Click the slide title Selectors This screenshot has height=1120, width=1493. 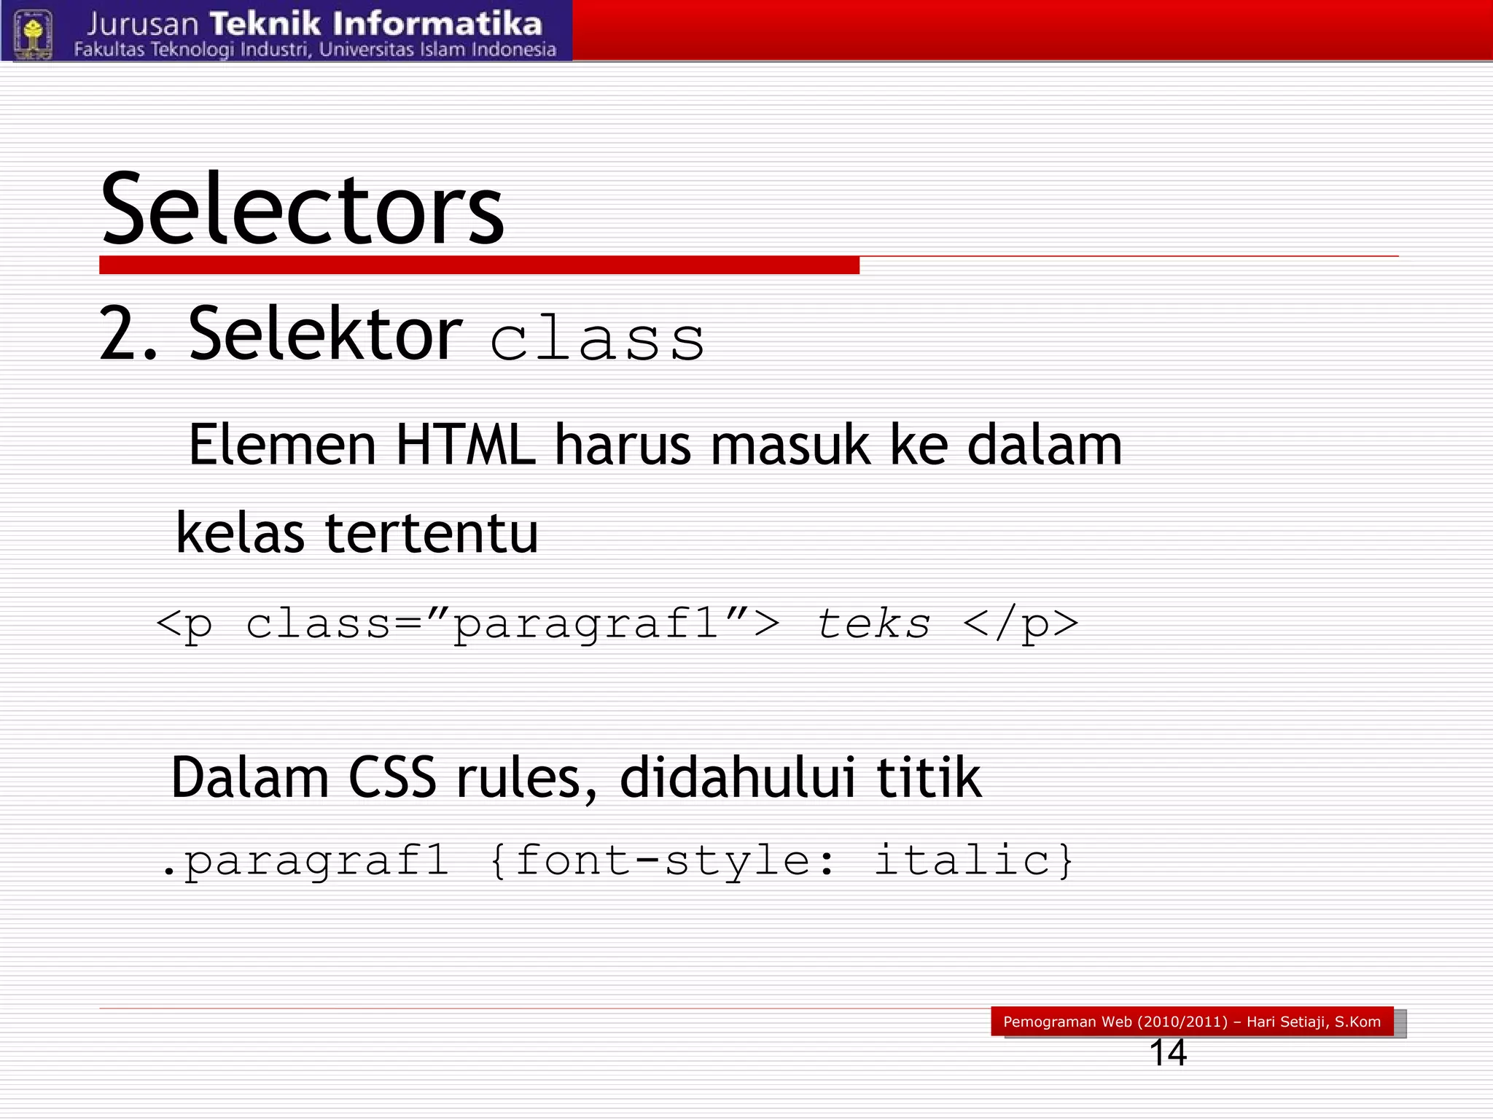click(302, 209)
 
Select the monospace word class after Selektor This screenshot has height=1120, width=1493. click(597, 340)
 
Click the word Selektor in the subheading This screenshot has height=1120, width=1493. click(325, 334)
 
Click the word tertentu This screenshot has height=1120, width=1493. click(431, 533)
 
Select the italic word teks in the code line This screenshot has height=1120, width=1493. click(873, 624)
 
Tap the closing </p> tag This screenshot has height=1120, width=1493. click(1020, 625)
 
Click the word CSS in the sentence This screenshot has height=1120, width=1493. click(392, 777)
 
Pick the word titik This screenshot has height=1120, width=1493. click(928, 777)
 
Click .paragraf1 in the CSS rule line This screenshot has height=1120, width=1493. click(304, 861)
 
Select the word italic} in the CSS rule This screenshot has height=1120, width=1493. click(974, 860)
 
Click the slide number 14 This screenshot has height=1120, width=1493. click(1168, 1053)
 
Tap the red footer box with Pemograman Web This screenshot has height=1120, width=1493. click(1191, 1022)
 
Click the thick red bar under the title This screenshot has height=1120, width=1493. click(479, 265)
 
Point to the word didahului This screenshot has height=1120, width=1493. click(737, 777)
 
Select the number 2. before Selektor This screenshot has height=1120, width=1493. click(128, 334)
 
